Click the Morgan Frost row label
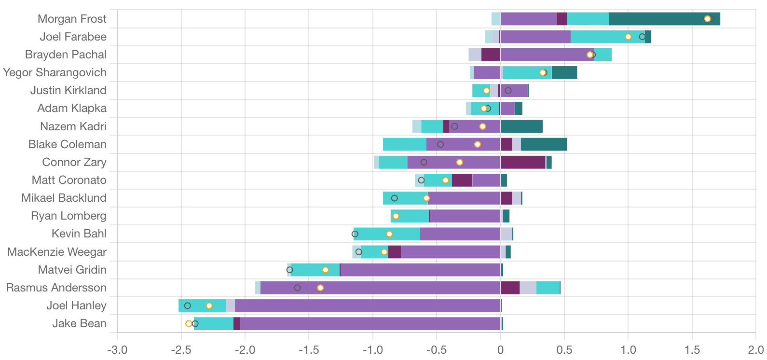coord(72,19)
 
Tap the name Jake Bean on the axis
coord(79,323)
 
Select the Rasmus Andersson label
coord(56,288)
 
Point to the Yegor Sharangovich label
coord(55,72)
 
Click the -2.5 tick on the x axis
coord(181,350)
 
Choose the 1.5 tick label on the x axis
coord(692,350)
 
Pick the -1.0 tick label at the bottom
coord(372,350)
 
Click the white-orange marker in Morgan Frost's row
coord(707,19)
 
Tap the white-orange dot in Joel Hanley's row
coord(209,305)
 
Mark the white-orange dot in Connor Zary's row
coord(459,162)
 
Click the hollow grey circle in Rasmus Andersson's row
coord(297,288)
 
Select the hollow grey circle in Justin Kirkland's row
coord(508,90)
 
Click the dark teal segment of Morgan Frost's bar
coord(664,19)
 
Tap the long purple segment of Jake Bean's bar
coord(370,323)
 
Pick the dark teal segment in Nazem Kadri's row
coord(521,126)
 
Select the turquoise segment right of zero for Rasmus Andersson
coord(548,288)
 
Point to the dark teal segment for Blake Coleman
coord(543,144)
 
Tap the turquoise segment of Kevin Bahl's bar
coord(387,234)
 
